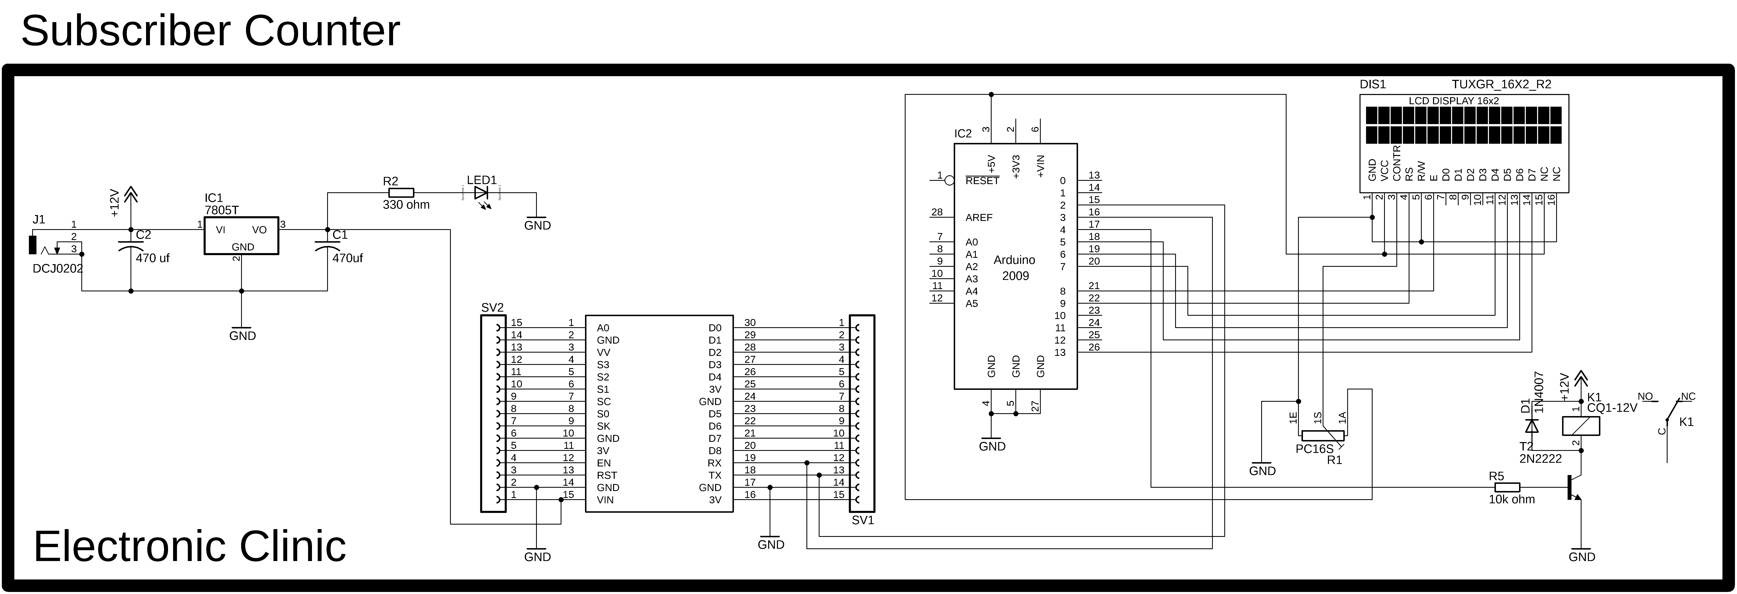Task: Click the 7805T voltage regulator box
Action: click(x=242, y=235)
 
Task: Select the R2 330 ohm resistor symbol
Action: click(x=402, y=192)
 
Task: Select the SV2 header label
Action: click(x=492, y=308)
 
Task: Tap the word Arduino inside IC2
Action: click(x=1014, y=260)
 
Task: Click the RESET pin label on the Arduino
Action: click(x=982, y=181)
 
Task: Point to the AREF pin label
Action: click(x=978, y=217)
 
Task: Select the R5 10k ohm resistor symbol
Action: click(x=1507, y=487)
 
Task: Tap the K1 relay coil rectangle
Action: click(x=1581, y=425)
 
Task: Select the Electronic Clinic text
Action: click(x=189, y=545)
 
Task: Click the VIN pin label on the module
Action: click(x=605, y=500)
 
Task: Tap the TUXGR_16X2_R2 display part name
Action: click(x=1501, y=84)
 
